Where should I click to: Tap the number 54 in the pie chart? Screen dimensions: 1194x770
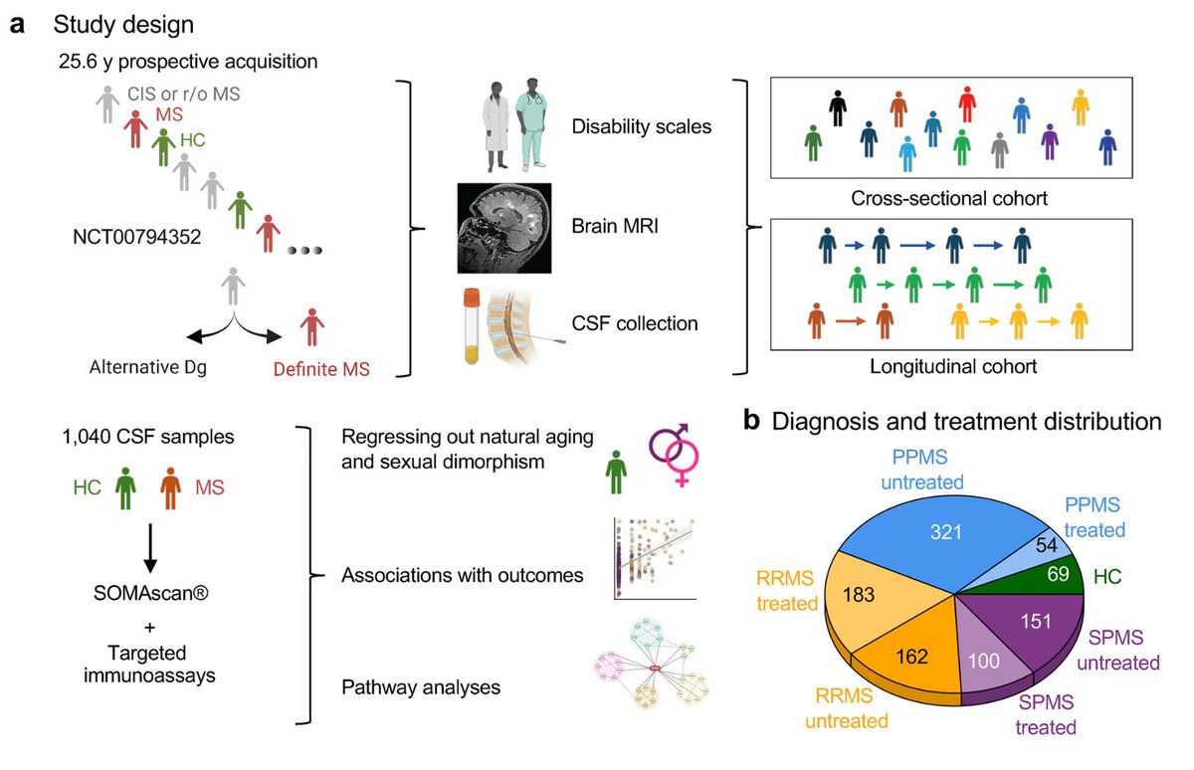[1047, 544]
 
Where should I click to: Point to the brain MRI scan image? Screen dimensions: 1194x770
[504, 228]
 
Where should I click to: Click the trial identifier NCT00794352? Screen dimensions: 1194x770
[137, 237]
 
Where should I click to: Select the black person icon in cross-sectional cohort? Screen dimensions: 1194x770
[838, 108]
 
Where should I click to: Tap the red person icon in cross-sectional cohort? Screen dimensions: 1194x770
[967, 104]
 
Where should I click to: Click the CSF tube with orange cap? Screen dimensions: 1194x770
[472, 326]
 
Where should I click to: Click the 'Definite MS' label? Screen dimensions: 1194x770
[321, 369]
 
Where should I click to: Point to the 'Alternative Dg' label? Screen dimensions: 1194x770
[147, 367]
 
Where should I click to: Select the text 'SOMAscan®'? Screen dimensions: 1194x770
[151, 593]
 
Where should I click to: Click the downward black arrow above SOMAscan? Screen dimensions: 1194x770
[150, 548]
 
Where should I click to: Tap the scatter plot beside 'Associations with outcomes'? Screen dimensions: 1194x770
[655, 558]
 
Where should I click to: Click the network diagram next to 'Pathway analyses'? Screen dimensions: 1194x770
[652, 664]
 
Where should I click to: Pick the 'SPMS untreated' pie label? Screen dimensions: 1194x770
[1118, 650]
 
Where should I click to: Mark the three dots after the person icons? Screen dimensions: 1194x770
[304, 250]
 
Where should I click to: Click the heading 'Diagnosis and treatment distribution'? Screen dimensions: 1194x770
[966, 422]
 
